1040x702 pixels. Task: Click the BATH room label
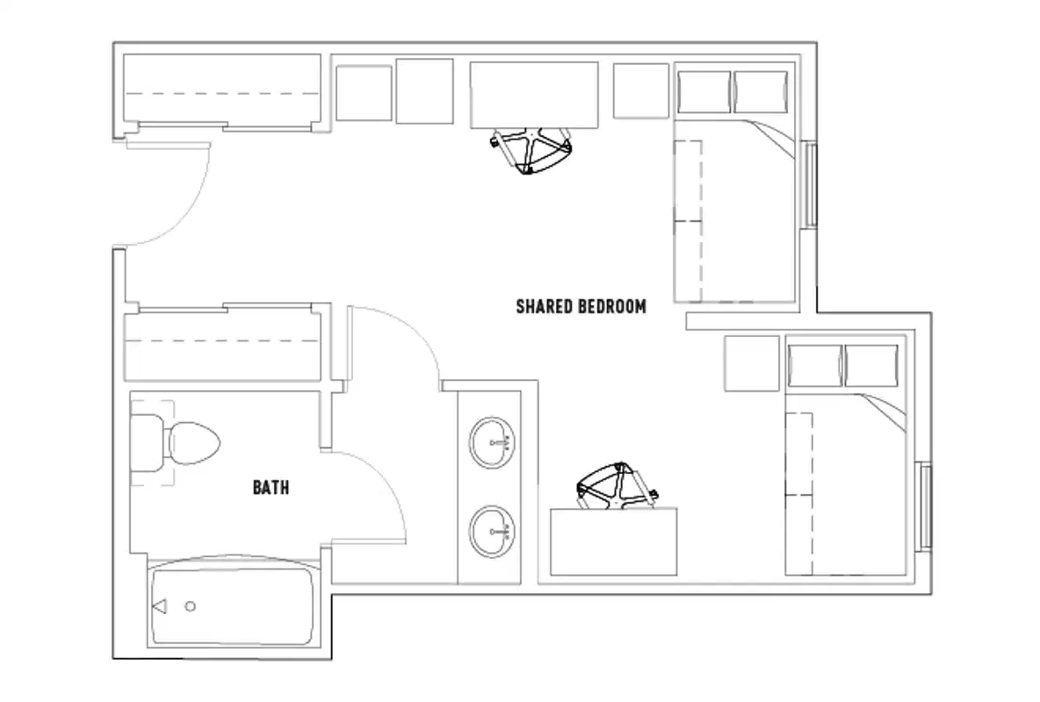coord(271,487)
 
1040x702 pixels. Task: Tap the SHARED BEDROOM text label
coord(581,306)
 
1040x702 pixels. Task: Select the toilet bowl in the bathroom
coord(194,445)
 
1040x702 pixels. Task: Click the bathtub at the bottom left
coord(233,606)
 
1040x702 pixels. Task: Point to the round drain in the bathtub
coord(191,606)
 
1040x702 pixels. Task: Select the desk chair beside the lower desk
coord(617,487)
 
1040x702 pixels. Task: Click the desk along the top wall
coord(533,95)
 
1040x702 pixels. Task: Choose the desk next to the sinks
coord(614,541)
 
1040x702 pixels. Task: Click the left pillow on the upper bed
coord(704,92)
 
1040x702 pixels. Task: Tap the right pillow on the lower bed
coord(870,365)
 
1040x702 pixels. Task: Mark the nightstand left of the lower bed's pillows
coord(752,363)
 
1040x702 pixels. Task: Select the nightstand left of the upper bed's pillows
coord(641,90)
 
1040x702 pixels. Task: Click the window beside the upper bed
coord(812,185)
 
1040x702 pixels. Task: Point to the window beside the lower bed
coord(925,506)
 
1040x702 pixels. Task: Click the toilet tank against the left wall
coord(148,442)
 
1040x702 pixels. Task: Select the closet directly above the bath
coord(221,344)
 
